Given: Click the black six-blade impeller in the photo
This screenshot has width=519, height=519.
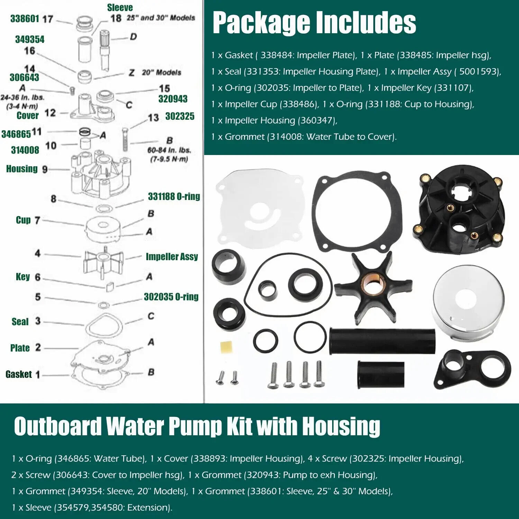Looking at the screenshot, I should coord(373,287).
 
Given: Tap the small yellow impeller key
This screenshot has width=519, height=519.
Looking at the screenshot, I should coord(226,347).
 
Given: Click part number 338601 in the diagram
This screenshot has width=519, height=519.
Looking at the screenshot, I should coord(25,18).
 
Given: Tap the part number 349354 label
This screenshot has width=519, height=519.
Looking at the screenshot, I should coord(30,39).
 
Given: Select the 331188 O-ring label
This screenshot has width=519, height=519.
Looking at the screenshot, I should coord(174,197).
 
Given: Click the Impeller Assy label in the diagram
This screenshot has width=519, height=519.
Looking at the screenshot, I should coord(172,256).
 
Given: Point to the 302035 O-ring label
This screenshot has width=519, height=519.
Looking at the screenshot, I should coord(171,297).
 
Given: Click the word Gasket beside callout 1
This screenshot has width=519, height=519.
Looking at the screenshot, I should coord(19,374).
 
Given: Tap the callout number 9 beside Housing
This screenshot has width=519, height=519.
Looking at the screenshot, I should coord(45,170).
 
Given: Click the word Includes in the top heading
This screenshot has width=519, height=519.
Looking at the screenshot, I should coord(366,23).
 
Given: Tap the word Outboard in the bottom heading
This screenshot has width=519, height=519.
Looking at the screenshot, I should coord(58,426).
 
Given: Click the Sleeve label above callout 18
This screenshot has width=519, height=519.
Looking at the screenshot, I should coord(120,8).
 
